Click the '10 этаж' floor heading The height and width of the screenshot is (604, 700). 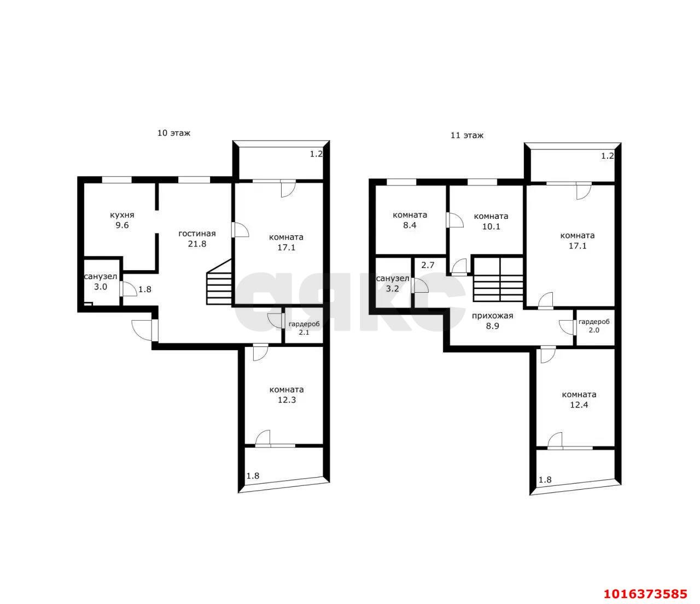pyautogui.click(x=174, y=133)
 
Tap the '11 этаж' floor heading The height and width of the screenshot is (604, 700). pyautogui.click(x=466, y=136)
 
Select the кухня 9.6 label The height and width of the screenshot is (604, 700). pyautogui.click(x=122, y=220)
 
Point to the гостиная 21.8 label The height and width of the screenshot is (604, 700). pyautogui.click(x=197, y=239)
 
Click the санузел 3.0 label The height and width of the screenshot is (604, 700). pyautogui.click(x=101, y=282)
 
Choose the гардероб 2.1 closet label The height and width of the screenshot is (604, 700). pyautogui.click(x=304, y=328)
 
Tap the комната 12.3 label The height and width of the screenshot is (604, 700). pyautogui.click(x=287, y=394)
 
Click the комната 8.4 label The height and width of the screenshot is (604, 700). pyautogui.click(x=410, y=220)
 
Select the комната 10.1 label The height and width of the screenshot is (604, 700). pyautogui.click(x=491, y=221)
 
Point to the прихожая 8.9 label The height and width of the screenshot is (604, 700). pyautogui.click(x=492, y=321)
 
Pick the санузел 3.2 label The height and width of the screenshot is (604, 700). pyautogui.click(x=393, y=283)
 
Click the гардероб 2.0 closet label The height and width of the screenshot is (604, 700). pyautogui.click(x=594, y=326)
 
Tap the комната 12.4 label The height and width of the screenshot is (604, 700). pyautogui.click(x=579, y=399)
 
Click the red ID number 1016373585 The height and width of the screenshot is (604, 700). pyautogui.click(x=646, y=594)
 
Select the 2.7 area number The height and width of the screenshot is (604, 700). pyautogui.click(x=428, y=265)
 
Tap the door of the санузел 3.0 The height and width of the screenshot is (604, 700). pyautogui.click(x=128, y=289)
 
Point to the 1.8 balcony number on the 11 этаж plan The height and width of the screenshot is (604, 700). pyautogui.click(x=545, y=480)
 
